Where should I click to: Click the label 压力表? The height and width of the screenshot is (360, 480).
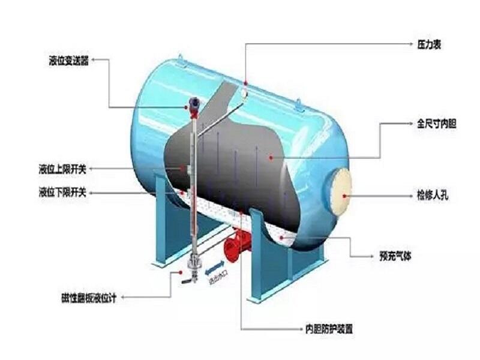tap(429, 45)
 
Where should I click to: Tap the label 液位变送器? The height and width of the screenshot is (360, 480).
tap(68, 61)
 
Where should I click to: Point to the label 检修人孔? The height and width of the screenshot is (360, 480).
tap(429, 195)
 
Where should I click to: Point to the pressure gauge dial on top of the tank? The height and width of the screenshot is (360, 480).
tap(245, 92)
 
